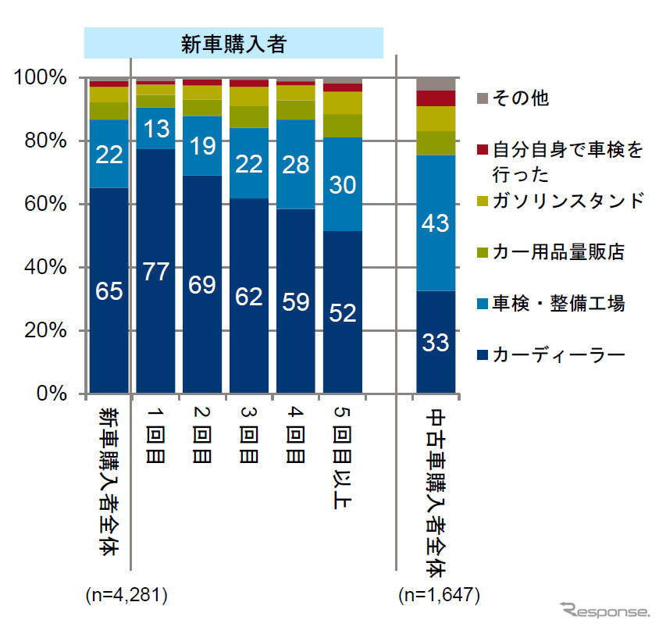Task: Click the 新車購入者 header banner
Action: point(234,42)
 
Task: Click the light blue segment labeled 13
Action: point(156,127)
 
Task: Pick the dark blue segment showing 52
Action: point(343,312)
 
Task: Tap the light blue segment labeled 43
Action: point(436,223)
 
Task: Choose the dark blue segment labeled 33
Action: point(436,341)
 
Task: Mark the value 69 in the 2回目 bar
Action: point(202,283)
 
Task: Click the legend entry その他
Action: point(515,98)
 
